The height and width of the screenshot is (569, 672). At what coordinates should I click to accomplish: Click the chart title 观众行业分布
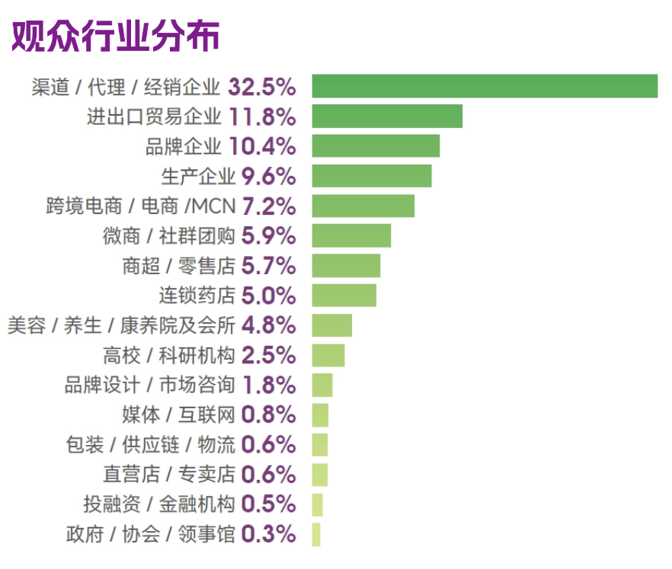(116, 35)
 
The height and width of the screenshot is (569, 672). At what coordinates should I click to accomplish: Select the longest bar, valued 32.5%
(485, 86)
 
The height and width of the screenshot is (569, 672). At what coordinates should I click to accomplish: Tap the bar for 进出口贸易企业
(387, 116)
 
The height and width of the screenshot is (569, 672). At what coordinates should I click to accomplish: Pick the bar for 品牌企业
(376, 145)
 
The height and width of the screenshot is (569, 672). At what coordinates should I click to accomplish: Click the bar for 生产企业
(372, 176)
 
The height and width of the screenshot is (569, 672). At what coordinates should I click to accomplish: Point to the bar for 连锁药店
(344, 295)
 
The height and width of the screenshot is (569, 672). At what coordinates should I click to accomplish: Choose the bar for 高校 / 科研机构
(328, 355)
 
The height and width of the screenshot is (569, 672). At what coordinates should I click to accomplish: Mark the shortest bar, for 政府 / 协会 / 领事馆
(316, 534)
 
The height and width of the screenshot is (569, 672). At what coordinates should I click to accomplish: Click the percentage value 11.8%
(261, 117)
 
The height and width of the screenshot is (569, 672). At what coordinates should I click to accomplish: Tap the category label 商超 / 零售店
(178, 266)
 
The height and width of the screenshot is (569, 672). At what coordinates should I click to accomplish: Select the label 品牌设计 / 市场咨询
(149, 385)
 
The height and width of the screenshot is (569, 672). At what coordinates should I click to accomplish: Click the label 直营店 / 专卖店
(168, 474)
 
